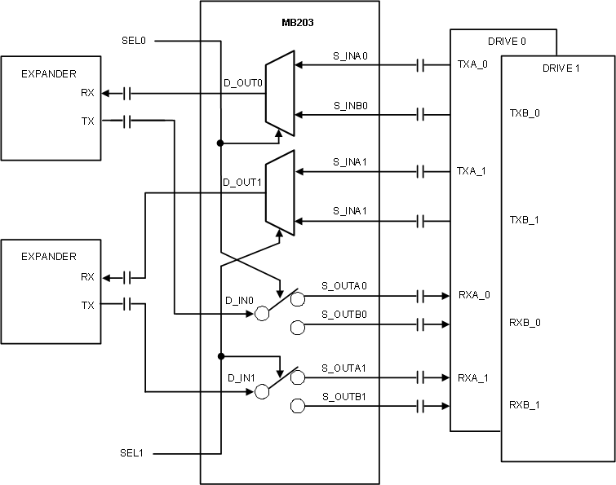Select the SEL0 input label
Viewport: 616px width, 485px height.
tap(134, 40)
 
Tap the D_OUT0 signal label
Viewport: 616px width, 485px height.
tap(242, 83)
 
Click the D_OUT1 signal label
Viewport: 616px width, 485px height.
tap(242, 183)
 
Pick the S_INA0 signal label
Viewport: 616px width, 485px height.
tap(351, 55)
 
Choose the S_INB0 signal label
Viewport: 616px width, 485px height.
tap(351, 105)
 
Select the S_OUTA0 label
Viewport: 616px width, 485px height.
tap(344, 285)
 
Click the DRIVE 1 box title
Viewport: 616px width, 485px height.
tap(561, 68)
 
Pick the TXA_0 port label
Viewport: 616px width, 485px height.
tap(472, 63)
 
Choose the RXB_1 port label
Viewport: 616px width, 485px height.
tap(525, 405)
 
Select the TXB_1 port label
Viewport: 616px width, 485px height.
tap(525, 220)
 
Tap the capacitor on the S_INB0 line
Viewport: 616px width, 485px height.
tap(421, 114)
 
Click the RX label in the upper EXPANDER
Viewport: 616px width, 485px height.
tap(87, 93)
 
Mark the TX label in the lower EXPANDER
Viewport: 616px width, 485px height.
tap(87, 305)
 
